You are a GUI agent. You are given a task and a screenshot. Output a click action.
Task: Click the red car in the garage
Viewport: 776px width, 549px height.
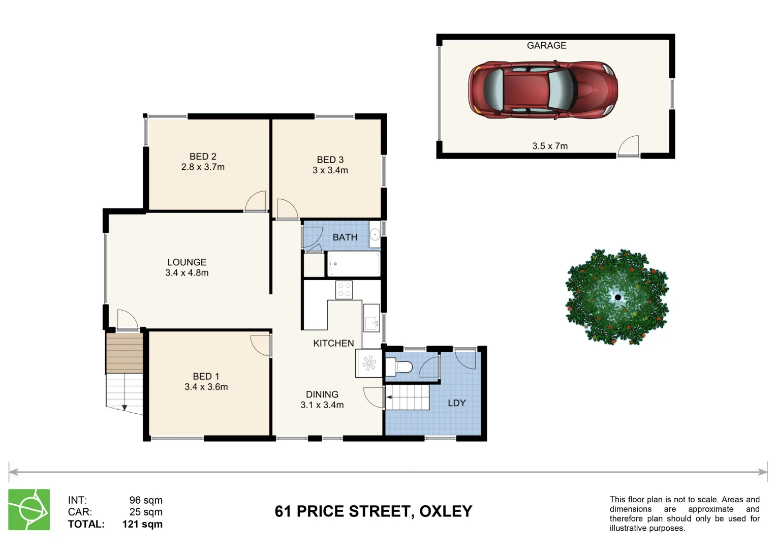tap(543, 90)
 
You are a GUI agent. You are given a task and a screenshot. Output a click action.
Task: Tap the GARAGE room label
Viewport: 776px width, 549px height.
tap(546, 45)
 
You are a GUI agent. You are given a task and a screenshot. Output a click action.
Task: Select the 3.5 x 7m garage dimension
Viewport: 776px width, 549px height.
tap(550, 146)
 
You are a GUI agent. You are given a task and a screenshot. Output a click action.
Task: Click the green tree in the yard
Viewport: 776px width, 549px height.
tap(617, 297)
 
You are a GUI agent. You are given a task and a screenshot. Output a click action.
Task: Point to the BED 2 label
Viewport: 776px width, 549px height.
tap(203, 157)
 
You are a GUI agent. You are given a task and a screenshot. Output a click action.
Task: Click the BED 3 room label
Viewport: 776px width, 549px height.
tap(330, 160)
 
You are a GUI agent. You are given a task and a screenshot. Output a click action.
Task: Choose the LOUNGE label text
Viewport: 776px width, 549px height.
tap(187, 262)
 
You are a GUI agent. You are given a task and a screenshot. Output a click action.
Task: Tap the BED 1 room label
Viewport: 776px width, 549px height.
tap(206, 376)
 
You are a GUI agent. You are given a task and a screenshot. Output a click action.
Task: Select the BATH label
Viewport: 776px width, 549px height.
tap(345, 237)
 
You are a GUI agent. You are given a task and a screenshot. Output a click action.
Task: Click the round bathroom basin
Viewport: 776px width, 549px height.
tap(375, 235)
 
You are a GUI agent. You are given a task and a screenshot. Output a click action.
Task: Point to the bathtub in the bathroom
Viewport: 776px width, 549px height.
tap(354, 264)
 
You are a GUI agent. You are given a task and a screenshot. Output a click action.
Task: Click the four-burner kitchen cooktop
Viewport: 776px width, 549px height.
tap(344, 290)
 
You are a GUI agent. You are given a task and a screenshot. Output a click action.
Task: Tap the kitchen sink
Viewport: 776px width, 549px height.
tap(371, 319)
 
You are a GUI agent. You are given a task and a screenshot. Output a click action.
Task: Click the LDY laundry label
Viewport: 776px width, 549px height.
tap(456, 403)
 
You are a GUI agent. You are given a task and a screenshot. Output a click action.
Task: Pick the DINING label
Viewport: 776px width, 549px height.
tap(322, 394)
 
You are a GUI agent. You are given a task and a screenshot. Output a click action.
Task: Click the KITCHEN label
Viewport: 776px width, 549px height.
tap(333, 343)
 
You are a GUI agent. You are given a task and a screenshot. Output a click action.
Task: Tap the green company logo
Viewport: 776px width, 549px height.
tap(29, 509)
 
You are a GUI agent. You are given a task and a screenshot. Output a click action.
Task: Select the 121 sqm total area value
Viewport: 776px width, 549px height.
tap(142, 524)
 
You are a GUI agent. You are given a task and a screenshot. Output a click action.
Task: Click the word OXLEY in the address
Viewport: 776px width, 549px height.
tap(446, 511)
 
